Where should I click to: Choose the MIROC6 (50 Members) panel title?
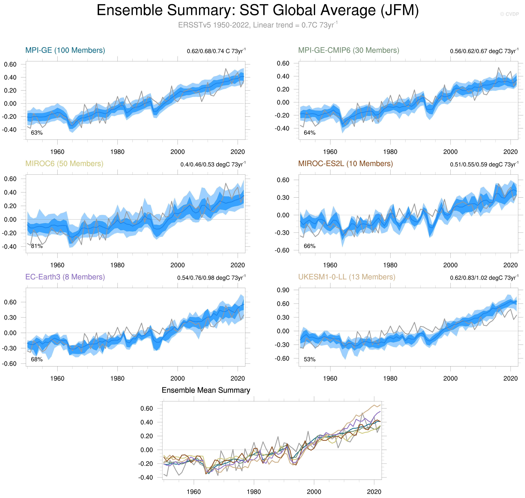coord(64,163)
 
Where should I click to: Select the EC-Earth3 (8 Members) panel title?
coord(65,277)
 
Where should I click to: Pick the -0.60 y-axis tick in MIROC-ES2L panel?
coord(282,250)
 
